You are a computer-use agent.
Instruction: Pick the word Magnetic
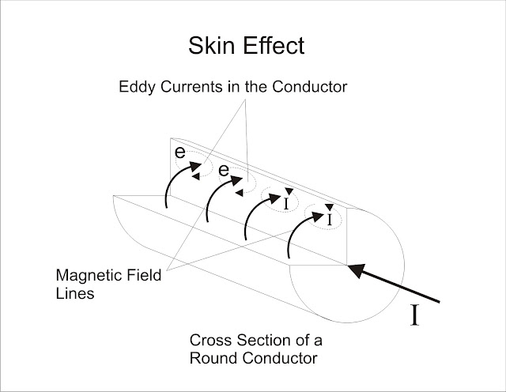[x=85, y=277]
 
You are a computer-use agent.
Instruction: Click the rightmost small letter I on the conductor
[x=329, y=220]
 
